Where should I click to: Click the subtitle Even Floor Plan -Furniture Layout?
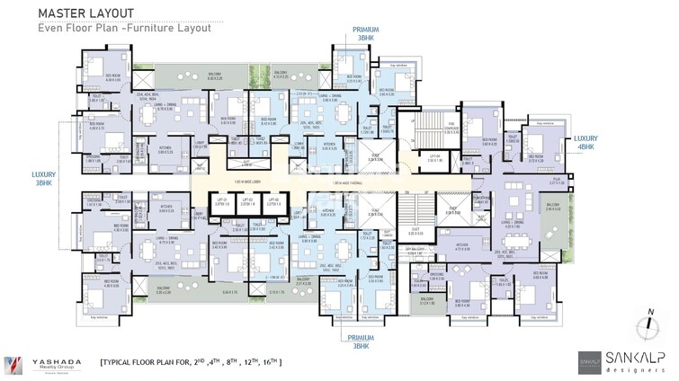(x=125, y=28)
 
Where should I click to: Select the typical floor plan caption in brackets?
(x=192, y=362)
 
